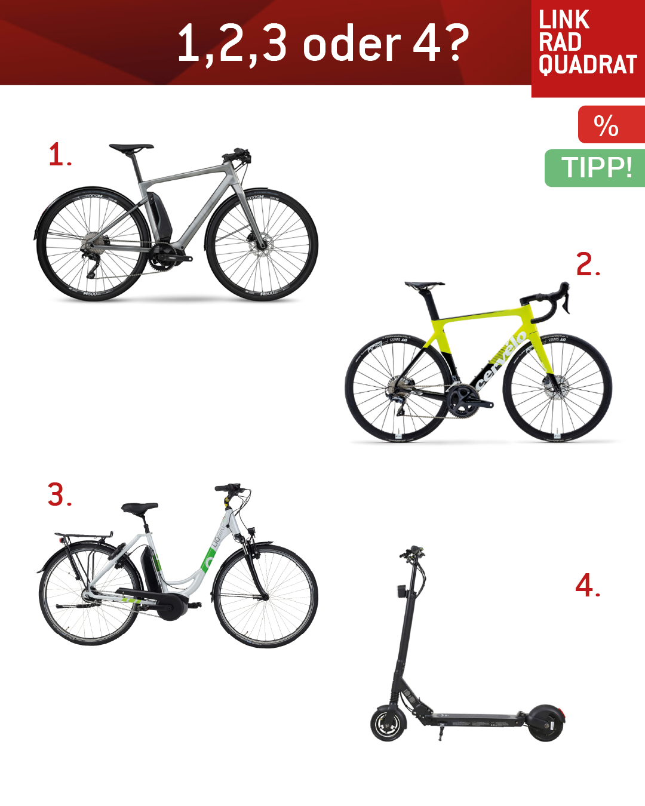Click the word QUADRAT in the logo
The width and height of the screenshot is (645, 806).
click(588, 64)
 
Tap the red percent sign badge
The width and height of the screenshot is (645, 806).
click(612, 124)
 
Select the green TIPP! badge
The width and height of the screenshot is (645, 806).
click(595, 168)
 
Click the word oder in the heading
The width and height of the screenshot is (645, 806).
click(352, 43)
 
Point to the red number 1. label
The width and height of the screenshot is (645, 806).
click(60, 154)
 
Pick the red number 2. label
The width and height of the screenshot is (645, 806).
click(588, 264)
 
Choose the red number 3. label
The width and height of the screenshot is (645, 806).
click(60, 494)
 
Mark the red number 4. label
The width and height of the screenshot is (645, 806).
click(588, 585)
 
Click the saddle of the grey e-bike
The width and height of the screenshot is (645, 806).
click(131, 147)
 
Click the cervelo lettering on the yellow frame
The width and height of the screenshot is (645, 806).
click(500, 361)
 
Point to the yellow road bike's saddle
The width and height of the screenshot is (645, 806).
click(424, 285)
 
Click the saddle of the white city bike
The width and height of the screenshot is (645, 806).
click(139, 508)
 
